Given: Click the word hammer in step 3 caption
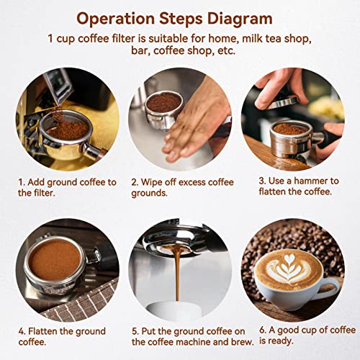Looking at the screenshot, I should point(314,182).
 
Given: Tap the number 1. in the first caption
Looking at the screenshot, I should point(22,182).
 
